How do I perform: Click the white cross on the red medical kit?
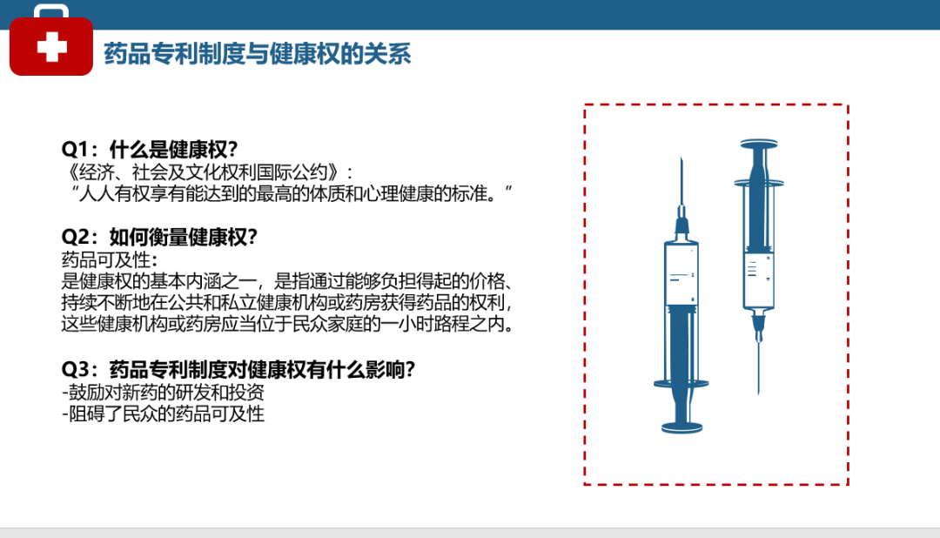click(x=51, y=47)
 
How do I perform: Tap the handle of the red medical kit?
click(x=51, y=9)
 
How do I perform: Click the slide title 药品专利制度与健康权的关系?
click(x=257, y=54)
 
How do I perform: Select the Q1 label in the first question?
click(x=75, y=149)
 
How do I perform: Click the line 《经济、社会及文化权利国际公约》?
click(x=207, y=172)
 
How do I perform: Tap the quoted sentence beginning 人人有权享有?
click(x=292, y=194)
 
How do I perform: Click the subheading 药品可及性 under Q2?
click(x=110, y=259)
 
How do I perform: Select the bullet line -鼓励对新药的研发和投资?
click(x=163, y=393)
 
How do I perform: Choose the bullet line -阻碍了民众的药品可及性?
click(x=163, y=414)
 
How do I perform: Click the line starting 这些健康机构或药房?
click(x=287, y=324)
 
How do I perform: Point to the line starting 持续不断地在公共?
click(x=287, y=302)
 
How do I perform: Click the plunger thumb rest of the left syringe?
click(x=681, y=427)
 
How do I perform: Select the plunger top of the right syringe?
click(x=759, y=144)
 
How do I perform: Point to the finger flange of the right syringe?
click(x=759, y=183)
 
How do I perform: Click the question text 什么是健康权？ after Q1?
click(x=174, y=149)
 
